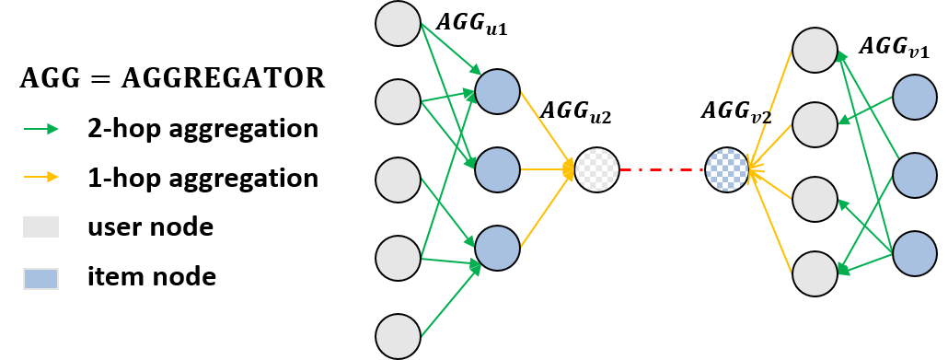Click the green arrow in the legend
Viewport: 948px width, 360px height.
click(x=41, y=129)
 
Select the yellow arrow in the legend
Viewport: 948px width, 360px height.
click(x=41, y=177)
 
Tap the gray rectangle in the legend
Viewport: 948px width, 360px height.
click(x=41, y=227)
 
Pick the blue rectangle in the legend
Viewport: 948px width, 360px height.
click(x=41, y=279)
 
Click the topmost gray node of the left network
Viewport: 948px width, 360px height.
click(x=398, y=24)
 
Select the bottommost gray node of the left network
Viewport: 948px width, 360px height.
click(x=398, y=336)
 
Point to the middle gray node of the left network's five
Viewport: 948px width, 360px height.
click(x=398, y=180)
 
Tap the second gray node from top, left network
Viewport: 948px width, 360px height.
click(x=398, y=101)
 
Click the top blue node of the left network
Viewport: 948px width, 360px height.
click(x=497, y=92)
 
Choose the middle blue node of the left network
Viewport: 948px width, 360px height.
click(x=497, y=170)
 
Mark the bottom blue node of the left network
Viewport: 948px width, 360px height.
click(x=497, y=249)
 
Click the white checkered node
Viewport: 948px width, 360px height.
click(x=596, y=170)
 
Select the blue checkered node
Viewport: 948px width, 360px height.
click(x=727, y=170)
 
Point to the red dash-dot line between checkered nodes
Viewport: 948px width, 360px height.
click(x=662, y=170)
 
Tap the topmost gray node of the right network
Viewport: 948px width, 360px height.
click(x=815, y=50)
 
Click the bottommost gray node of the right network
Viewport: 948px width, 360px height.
click(x=815, y=273)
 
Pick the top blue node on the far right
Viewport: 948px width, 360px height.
click(x=914, y=98)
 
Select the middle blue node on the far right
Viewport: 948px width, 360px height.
click(x=914, y=175)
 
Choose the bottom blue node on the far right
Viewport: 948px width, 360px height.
click(x=914, y=253)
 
